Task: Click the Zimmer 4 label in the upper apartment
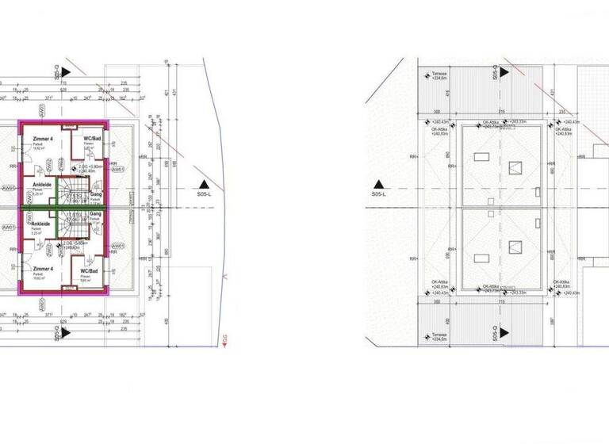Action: click(x=41, y=139)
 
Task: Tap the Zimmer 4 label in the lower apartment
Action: click(x=41, y=269)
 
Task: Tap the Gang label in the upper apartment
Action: click(x=96, y=193)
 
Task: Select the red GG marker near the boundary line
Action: click(x=225, y=341)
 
